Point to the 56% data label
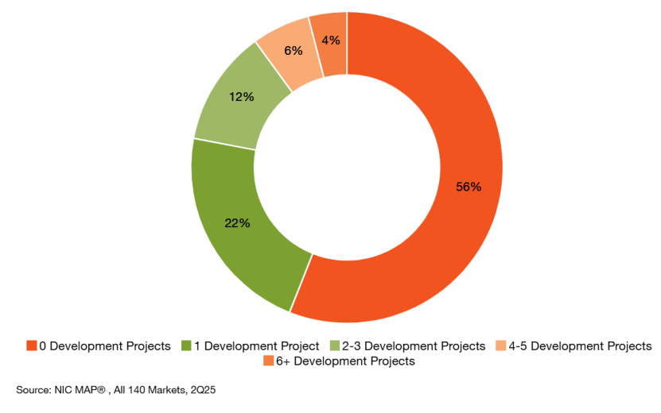[468, 187]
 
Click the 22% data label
[237, 223]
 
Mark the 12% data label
[241, 97]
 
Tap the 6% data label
[293, 50]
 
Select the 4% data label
[331, 40]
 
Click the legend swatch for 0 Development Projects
[31, 346]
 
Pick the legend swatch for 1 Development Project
[186, 346]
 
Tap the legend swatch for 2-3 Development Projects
[334, 346]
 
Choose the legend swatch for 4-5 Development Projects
[500, 346]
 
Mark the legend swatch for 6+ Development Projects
[267, 361]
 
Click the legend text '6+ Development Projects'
[345, 361]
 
